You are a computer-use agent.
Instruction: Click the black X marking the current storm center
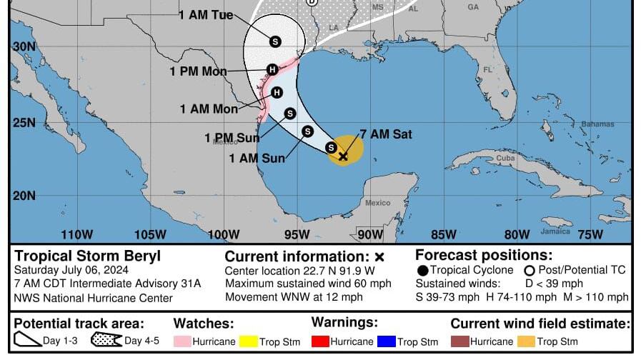[343, 156]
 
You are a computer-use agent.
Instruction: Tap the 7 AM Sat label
[386, 134]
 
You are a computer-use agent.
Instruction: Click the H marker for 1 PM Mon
[272, 69]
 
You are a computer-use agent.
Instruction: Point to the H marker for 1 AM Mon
[277, 92]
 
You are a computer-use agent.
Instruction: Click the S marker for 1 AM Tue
[275, 42]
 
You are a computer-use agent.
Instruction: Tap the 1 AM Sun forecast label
[257, 158]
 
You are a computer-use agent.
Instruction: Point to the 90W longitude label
[370, 234]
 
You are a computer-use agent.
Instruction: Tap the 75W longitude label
[590, 234]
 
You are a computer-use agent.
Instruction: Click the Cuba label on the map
[506, 157]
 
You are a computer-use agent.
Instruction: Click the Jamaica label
[555, 231]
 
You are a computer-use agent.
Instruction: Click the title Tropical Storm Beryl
[88, 256]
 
